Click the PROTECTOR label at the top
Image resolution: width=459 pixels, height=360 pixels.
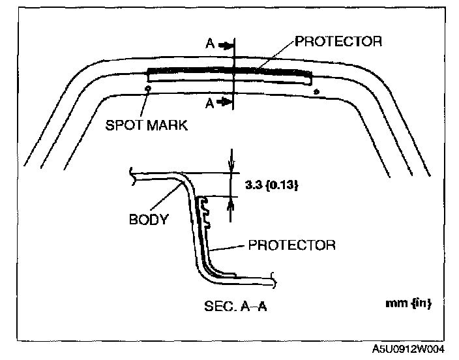[338, 41]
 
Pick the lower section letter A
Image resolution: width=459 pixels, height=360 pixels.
[210, 102]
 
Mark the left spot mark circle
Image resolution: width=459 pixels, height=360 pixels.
[148, 89]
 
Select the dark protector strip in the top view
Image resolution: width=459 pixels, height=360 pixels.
[228, 70]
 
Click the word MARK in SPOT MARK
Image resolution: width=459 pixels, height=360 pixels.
[167, 124]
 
